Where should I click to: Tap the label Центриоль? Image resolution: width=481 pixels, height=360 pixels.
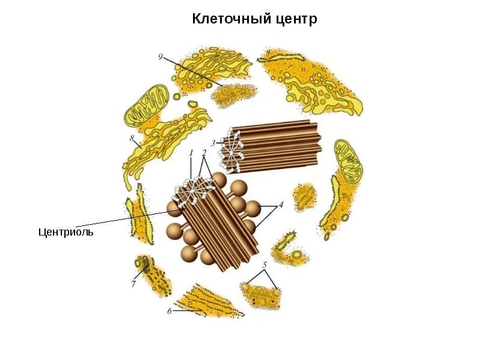point(66,232)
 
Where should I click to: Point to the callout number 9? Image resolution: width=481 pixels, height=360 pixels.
point(161,56)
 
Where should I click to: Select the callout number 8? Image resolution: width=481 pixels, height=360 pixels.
point(132,138)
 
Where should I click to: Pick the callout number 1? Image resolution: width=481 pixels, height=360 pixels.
point(191,153)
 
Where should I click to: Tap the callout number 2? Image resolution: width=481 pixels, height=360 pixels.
point(204,153)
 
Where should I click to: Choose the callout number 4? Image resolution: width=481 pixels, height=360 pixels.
point(279,205)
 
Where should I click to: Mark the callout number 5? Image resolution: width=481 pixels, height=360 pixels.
point(264,264)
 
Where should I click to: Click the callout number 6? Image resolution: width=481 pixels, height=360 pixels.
point(170,311)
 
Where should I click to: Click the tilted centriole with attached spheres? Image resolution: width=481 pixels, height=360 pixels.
point(213,222)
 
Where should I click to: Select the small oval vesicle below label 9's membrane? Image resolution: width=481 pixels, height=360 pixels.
point(177,96)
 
